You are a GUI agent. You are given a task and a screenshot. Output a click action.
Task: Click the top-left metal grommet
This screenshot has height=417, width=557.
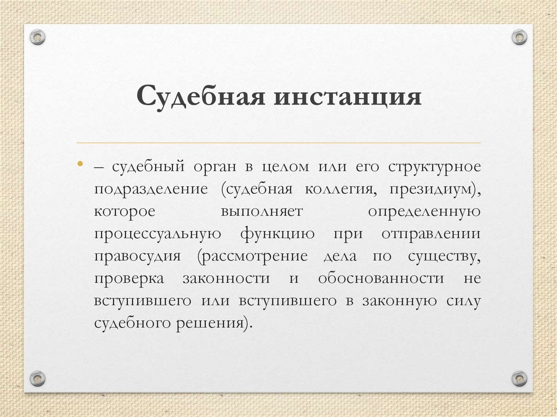point(38,38)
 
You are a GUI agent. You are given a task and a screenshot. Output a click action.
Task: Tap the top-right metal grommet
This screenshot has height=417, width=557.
point(519,38)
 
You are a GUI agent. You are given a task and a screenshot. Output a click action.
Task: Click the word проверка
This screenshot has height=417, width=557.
point(128,278)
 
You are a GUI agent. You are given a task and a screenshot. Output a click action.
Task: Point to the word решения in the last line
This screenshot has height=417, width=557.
point(221,322)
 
